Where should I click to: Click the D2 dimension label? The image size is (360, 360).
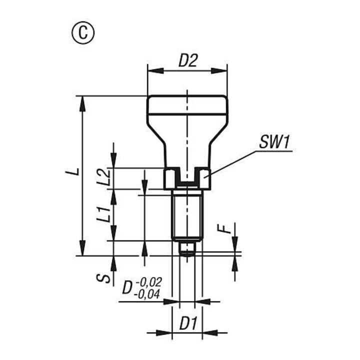click(188, 61)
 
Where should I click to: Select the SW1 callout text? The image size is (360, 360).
click(274, 142)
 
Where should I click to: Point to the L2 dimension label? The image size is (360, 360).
click(102, 177)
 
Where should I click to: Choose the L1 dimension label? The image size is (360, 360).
click(102, 214)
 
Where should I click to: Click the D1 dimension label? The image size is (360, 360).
click(188, 323)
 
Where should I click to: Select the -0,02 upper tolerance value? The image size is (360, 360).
click(149, 282)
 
